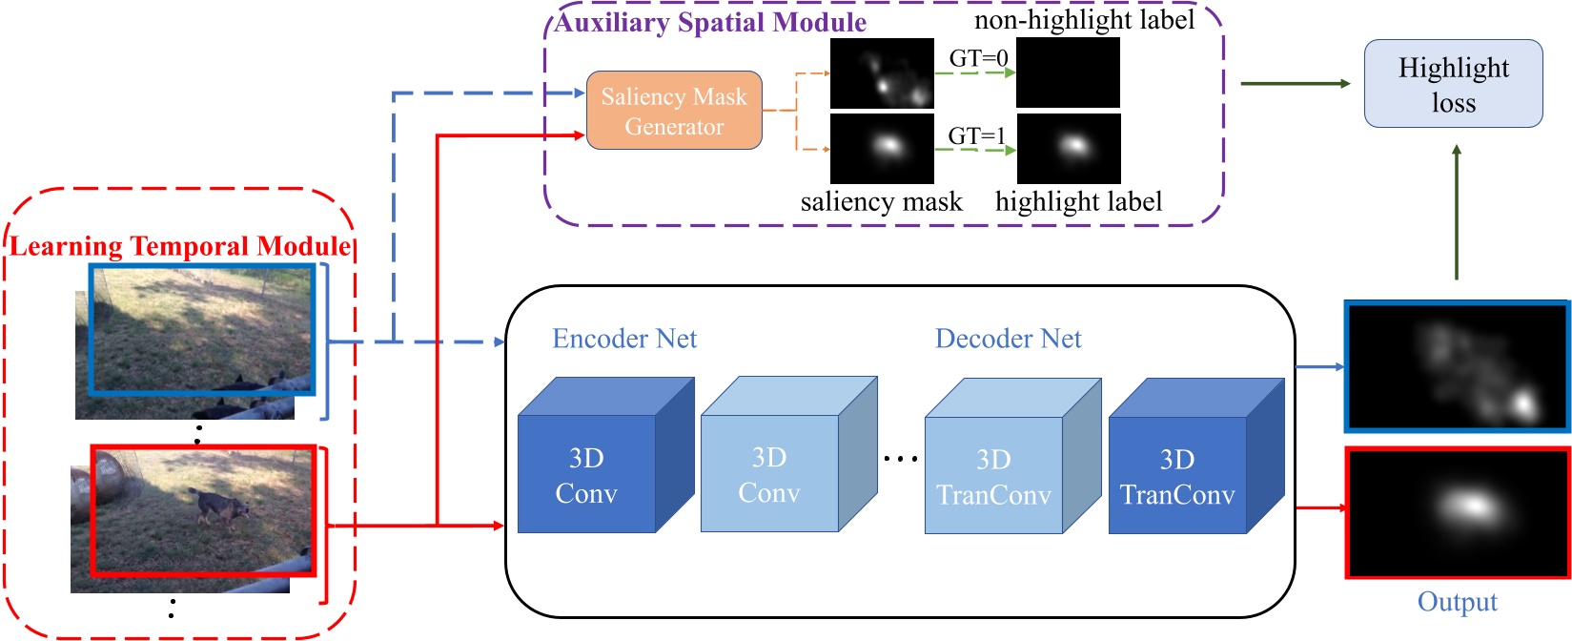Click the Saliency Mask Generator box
[673, 111]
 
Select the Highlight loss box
[1453, 84]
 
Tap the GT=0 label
[978, 58]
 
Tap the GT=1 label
[976, 135]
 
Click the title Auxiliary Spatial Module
[710, 22]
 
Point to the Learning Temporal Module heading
[180, 246]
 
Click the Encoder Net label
[624, 339]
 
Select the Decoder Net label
[1008, 339]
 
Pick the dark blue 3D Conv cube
[586, 475]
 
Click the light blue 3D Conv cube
[769, 474]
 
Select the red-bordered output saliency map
[1457, 513]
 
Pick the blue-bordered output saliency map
[1457, 366]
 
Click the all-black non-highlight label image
[1068, 72]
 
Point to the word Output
[1457, 602]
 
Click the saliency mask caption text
[881, 202]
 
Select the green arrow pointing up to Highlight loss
[1456, 212]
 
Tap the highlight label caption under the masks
[1078, 202]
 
